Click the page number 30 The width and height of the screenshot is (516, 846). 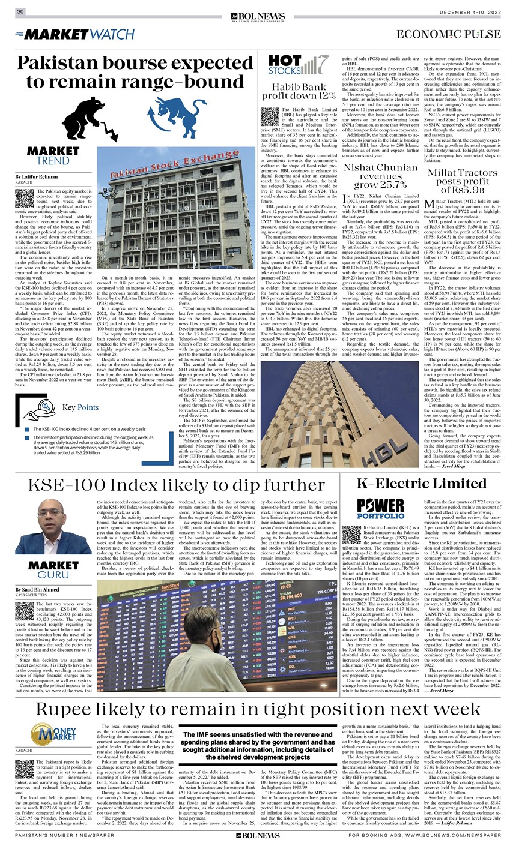[20, 11]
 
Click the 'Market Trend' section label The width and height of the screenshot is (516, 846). [53, 155]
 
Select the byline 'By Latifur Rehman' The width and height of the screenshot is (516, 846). [41, 177]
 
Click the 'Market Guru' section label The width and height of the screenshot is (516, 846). [53, 570]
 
